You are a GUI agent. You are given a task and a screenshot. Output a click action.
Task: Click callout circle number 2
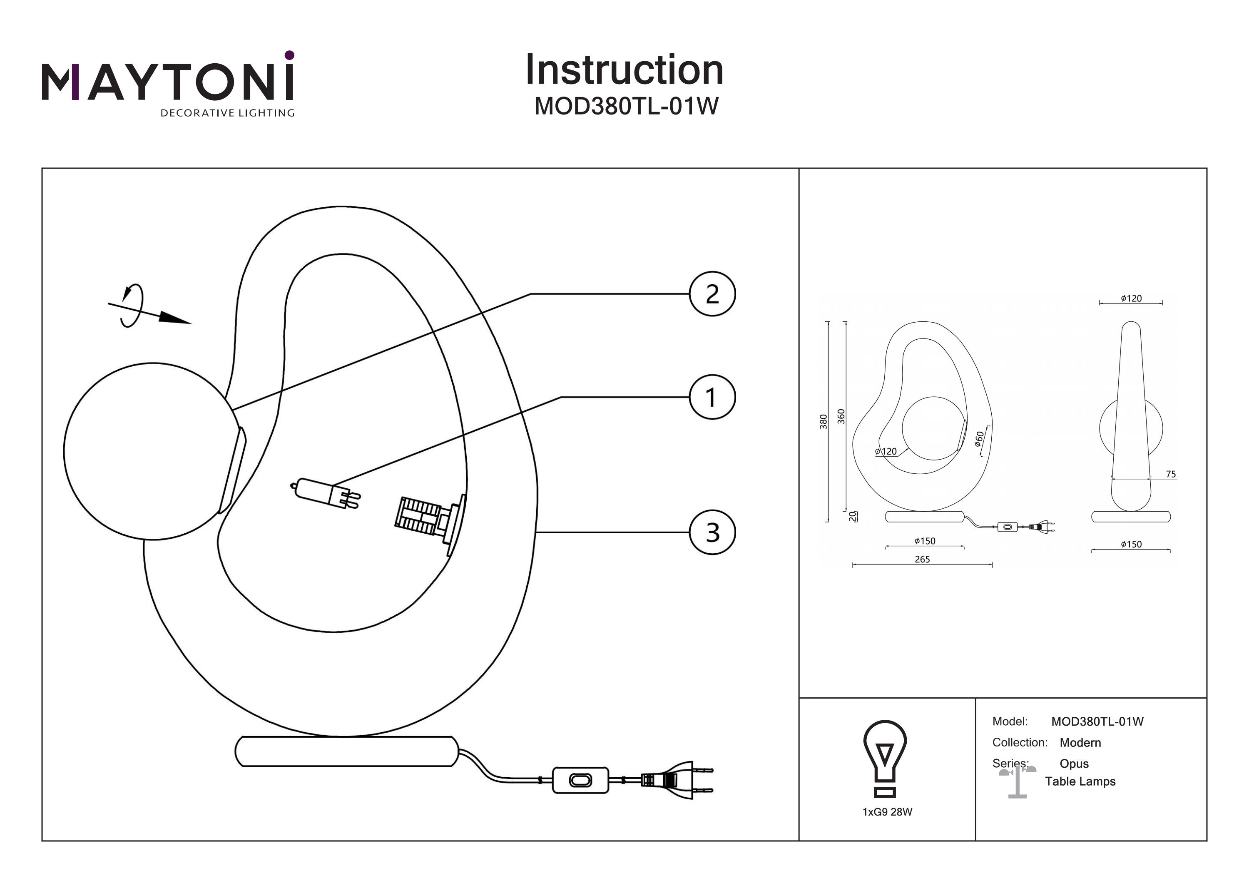(x=712, y=294)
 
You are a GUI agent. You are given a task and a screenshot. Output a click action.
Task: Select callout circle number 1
(x=712, y=397)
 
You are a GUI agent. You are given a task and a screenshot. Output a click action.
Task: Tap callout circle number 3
(x=712, y=532)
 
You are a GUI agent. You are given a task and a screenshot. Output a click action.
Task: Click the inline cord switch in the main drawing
(x=580, y=780)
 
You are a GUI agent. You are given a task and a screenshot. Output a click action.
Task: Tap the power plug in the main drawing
(x=676, y=780)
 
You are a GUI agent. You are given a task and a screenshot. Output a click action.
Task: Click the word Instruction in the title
(x=624, y=70)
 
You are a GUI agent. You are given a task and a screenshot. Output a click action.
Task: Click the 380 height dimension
(x=824, y=422)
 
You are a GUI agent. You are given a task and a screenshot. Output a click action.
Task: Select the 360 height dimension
(x=841, y=417)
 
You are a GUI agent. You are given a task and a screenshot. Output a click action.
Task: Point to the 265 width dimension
(x=922, y=559)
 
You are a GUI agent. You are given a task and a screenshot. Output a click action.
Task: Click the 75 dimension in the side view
(x=1171, y=475)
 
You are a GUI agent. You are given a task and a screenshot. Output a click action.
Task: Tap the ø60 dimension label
(x=979, y=438)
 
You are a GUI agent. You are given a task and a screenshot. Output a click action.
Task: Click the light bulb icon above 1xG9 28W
(x=885, y=759)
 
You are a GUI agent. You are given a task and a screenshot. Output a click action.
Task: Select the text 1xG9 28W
(x=887, y=812)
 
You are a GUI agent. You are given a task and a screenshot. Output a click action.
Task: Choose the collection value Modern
(x=1080, y=743)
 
